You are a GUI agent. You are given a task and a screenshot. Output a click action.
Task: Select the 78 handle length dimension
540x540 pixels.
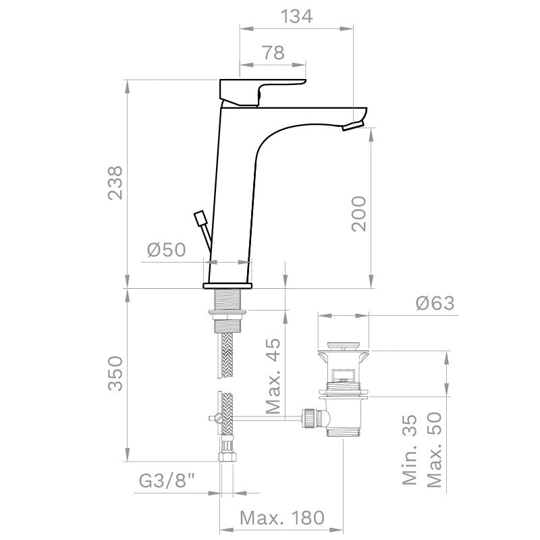click(x=273, y=53)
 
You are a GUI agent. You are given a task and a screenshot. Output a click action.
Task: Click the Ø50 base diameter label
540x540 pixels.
click(x=166, y=250)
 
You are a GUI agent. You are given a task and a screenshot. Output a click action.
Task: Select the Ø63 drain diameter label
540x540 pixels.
click(x=435, y=303)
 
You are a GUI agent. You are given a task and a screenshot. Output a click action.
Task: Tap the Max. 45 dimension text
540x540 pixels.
click(x=273, y=375)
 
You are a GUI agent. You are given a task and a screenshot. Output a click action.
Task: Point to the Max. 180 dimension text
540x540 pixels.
click(x=282, y=518)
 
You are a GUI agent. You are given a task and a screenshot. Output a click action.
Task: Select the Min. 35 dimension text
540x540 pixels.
click(x=410, y=450)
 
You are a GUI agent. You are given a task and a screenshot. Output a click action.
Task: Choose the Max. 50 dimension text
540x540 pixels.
click(x=435, y=450)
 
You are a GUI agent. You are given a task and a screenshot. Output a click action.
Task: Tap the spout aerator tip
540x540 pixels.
click(x=353, y=126)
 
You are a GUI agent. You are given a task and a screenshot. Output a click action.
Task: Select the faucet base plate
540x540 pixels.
click(x=228, y=286)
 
